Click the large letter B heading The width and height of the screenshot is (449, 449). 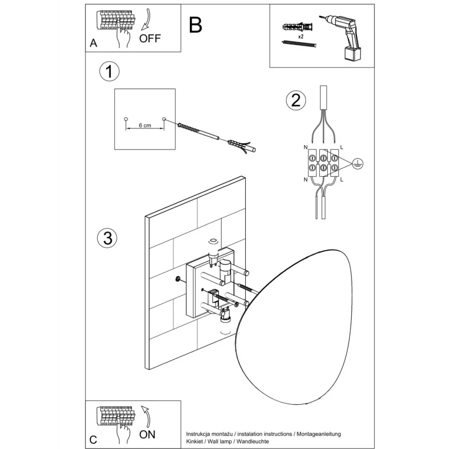pyautogui.click(x=196, y=25)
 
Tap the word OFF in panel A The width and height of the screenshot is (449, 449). pyautogui.click(x=150, y=38)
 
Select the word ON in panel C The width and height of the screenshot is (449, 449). pyautogui.click(x=147, y=434)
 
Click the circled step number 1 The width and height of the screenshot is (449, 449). pyautogui.click(x=109, y=72)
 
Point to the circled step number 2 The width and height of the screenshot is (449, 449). pyautogui.click(x=296, y=100)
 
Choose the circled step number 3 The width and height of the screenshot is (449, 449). pyautogui.click(x=107, y=238)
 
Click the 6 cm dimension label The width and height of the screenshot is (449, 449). pyautogui.click(x=145, y=125)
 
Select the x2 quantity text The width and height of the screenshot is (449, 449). pyautogui.click(x=300, y=36)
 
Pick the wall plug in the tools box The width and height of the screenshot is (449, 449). pyautogui.click(x=299, y=26)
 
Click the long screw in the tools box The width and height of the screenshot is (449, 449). pyautogui.click(x=299, y=44)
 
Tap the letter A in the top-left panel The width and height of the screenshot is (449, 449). pyautogui.click(x=94, y=44)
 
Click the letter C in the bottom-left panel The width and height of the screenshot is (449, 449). pyautogui.click(x=94, y=439)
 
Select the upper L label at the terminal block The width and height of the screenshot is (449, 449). pyautogui.click(x=342, y=147)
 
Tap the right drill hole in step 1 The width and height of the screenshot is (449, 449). pyautogui.click(x=164, y=119)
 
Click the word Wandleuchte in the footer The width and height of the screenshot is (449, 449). pyautogui.click(x=252, y=442)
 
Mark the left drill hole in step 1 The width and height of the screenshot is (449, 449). pyautogui.click(x=125, y=119)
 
